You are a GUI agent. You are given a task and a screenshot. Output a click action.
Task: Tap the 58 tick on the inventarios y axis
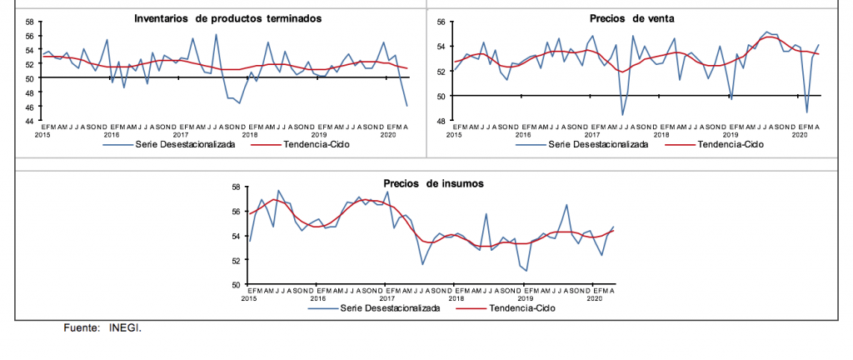click(30, 22)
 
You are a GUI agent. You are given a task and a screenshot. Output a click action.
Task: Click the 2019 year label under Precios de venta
click(731, 133)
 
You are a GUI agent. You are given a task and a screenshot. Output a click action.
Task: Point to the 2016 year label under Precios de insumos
click(317, 297)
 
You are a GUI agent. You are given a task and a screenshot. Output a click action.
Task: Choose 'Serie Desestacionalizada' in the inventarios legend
click(162, 144)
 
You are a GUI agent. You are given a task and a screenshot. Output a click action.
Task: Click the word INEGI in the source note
click(125, 328)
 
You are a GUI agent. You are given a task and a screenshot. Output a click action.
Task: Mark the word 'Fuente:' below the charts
click(82, 328)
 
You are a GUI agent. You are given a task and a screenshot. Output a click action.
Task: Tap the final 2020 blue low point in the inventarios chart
click(407, 106)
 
